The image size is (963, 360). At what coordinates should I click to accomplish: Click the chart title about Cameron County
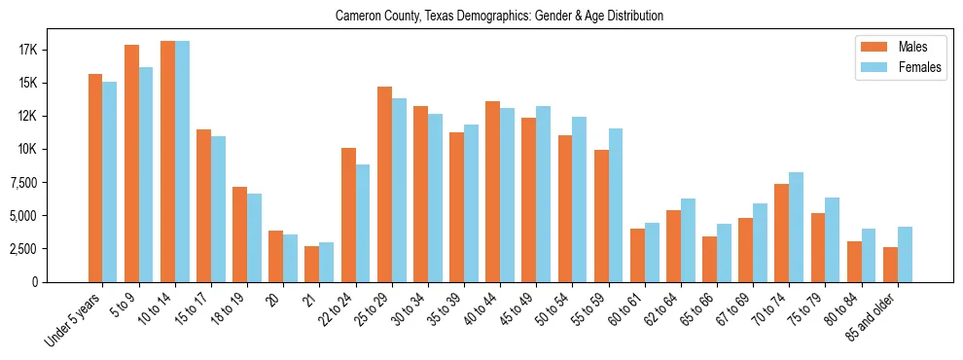tap(499, 17)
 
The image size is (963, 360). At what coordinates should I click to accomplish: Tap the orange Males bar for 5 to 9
tap(131, 163)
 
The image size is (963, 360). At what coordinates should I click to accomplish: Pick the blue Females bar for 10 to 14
tap(182, 162)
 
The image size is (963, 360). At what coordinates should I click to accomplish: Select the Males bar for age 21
tap(311, 264)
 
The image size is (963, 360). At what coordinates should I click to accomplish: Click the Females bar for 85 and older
tap(905, 254)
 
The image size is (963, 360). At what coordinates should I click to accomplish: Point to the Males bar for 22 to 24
tap(348, 214)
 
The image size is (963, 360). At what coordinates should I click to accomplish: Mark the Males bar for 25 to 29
tap(384, 184)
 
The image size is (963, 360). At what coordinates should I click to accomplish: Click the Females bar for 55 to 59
tap(616, 204)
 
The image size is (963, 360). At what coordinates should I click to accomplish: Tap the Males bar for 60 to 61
tap(637, 255)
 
